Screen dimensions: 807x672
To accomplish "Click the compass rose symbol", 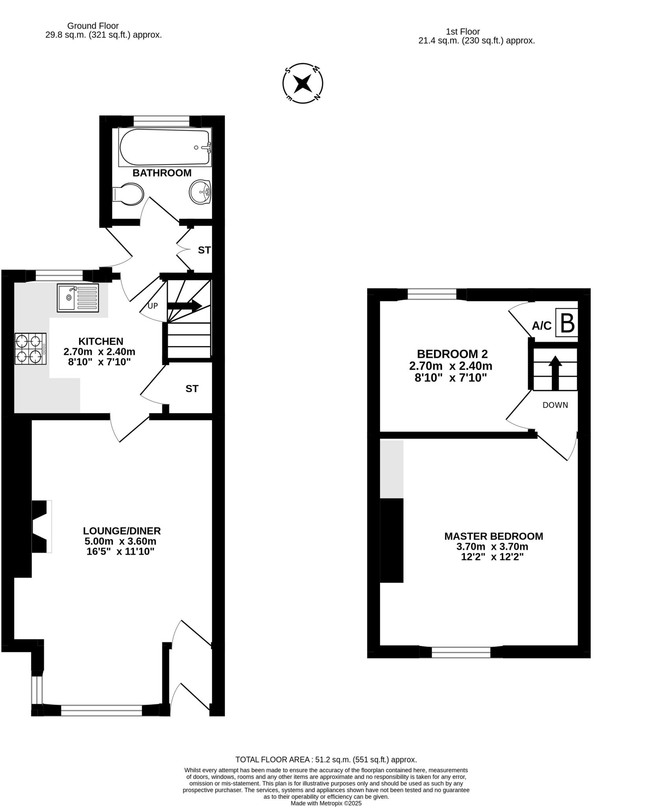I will coord(303,84).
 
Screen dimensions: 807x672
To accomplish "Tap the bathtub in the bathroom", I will coord(165,147).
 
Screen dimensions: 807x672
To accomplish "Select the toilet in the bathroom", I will coord(129,194).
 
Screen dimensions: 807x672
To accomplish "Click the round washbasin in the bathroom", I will coord(200,192).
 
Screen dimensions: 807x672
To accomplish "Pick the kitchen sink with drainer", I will coord(78,298).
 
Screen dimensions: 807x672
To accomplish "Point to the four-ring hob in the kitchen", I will coord(30,349).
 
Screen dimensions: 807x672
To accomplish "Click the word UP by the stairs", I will coord(153,306).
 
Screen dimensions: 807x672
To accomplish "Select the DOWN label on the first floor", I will coord(555,405).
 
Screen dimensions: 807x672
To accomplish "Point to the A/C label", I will coord(542,326).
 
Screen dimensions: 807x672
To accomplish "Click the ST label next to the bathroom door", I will coord(204,250).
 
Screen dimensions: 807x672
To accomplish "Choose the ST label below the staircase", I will coord(192,389).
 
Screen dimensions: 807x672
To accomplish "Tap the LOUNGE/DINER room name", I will coord(122,531).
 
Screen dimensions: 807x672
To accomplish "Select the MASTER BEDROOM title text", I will coord(494,536).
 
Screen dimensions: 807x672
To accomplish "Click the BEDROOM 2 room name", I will coord(452,353).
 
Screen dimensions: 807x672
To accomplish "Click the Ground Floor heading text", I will coord(93,26).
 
